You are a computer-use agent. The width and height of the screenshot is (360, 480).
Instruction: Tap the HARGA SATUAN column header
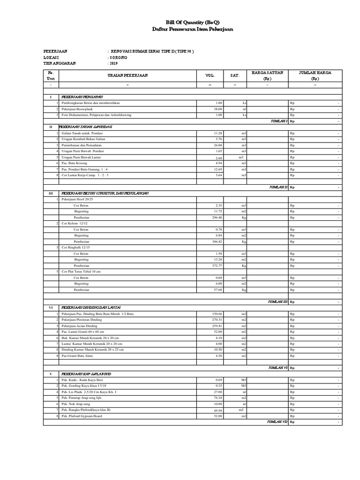point(266,75)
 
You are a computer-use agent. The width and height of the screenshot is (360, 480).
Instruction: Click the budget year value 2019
point(114,62)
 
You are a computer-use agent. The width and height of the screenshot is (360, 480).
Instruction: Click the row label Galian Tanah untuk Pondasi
point(82,133)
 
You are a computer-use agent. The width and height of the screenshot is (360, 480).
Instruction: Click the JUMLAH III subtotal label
point(277,302)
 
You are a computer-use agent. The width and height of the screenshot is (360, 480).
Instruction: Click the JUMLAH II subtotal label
point(278,187)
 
